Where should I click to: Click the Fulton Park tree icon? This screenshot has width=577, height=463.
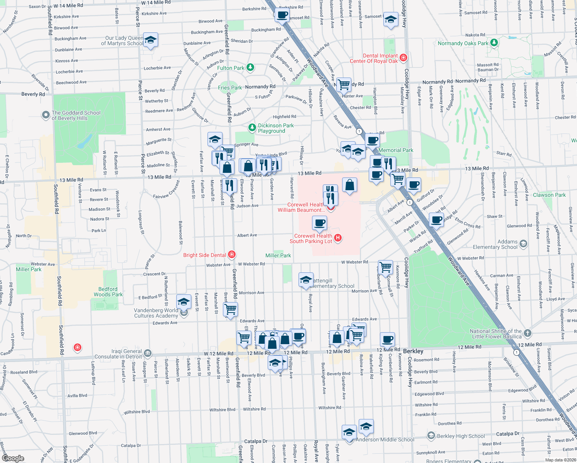[250, 68]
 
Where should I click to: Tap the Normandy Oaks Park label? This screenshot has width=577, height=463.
[463, 43]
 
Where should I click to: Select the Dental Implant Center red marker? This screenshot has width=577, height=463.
[403, 58]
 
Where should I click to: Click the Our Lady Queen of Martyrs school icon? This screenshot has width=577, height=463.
[150, 40]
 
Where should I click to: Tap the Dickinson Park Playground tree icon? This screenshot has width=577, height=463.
[252, 127]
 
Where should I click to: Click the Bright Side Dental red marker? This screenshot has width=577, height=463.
[232, 254]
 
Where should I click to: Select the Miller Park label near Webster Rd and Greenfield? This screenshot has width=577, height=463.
[278, 255]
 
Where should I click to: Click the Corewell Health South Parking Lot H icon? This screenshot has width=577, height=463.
[338, 238]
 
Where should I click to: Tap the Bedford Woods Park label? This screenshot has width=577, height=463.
[108, 292]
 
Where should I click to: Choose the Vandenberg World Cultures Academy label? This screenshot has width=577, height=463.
[156, 313]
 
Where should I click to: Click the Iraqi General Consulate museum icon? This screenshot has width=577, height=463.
[148, 353]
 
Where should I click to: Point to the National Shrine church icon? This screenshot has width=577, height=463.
[528, 333]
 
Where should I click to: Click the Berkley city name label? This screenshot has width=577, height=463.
[413, 351]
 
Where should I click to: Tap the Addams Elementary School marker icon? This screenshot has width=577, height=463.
[523, 243]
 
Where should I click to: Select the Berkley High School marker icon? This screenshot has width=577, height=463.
[431, 436]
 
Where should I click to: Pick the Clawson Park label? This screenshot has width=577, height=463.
[549, 195]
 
